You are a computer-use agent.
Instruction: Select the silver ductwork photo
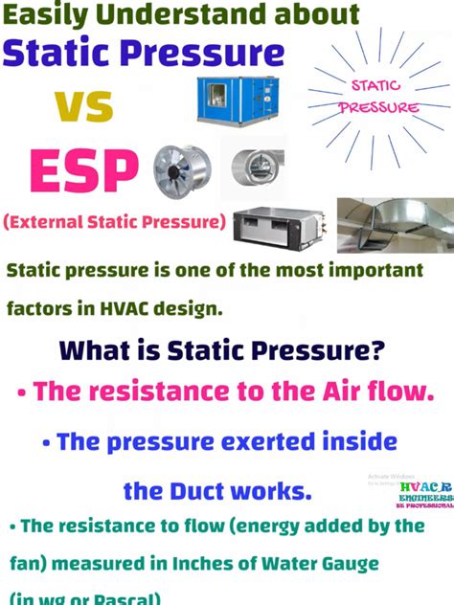(396, 228)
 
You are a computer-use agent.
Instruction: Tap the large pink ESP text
(83, 171)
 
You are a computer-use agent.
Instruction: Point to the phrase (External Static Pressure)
(114, 223)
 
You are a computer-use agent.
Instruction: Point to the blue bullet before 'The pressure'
(46, 443)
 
